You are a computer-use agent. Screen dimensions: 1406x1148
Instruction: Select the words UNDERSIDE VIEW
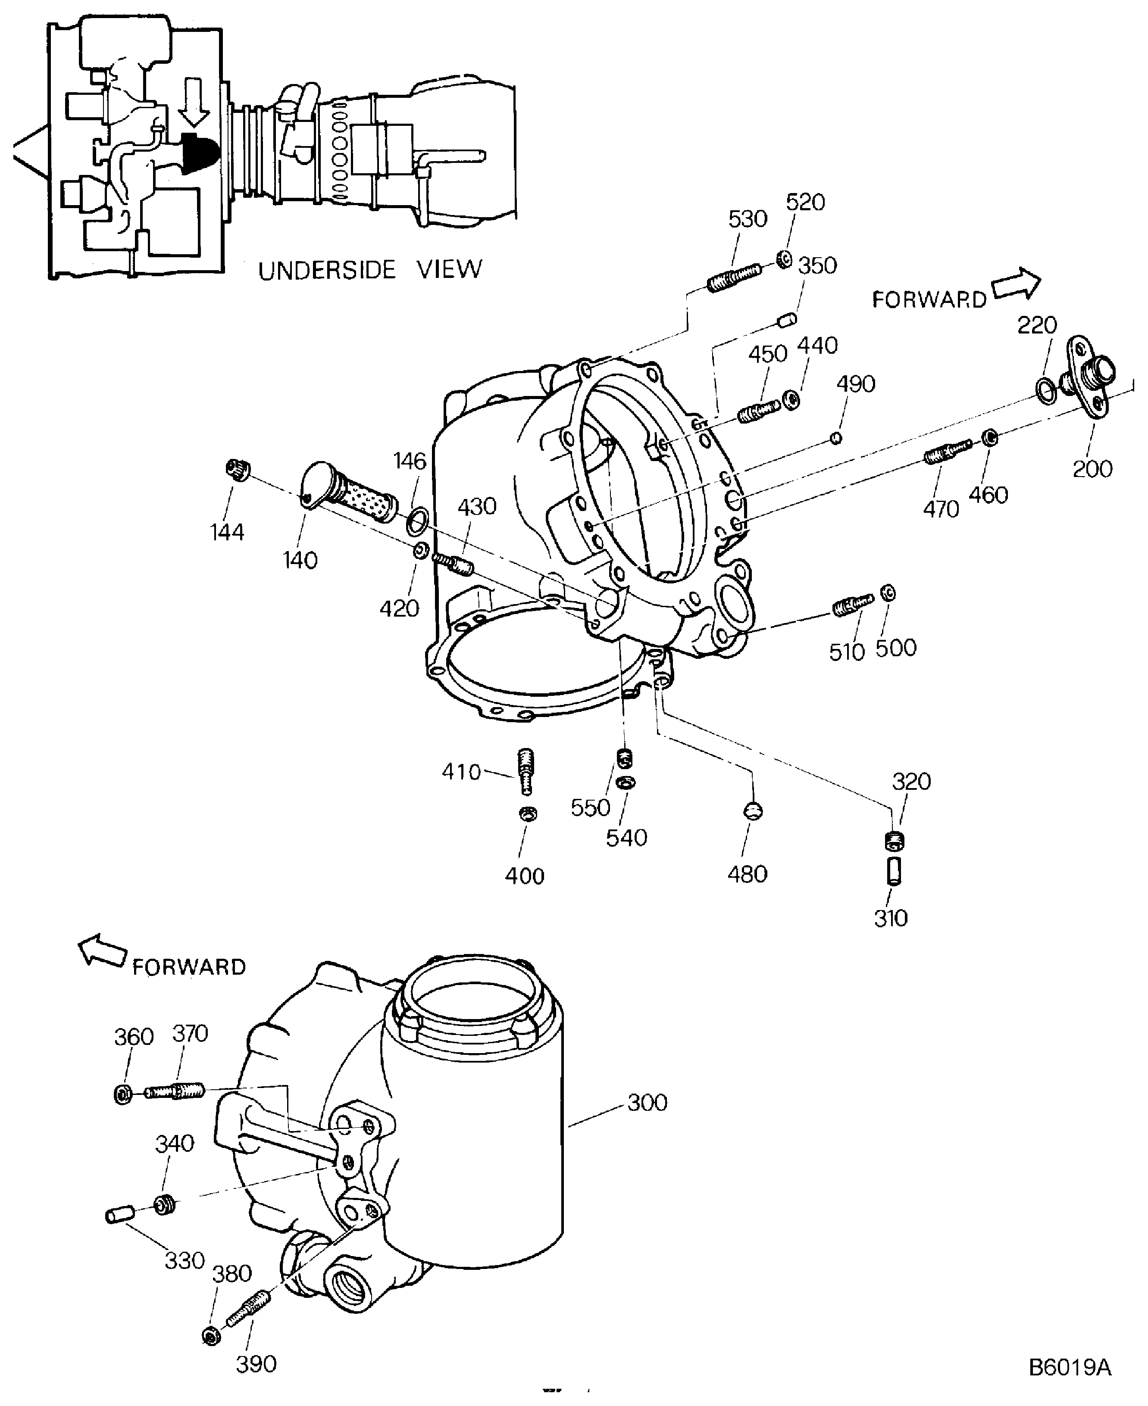point(369,270)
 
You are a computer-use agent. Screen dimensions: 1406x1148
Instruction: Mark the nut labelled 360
point(123,1094)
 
